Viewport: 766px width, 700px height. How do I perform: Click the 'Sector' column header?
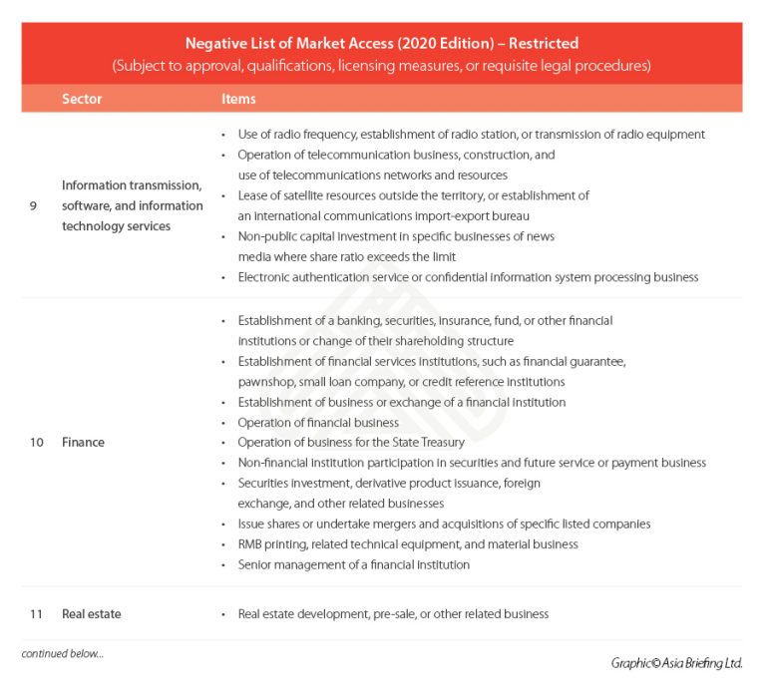[x=82, y=99]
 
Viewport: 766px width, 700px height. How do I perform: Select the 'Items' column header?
[x=238, y=99]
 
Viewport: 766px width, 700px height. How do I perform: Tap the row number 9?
[x=36, y=205]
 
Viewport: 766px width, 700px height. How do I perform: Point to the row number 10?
[x=36, y=442]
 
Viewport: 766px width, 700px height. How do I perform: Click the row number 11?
[x=36, y=614]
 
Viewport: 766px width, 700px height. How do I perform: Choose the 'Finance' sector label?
[x=83, y=442]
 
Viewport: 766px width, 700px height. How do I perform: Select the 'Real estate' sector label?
[x=92, y=614]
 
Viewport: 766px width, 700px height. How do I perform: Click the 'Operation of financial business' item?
[x=318, y=423]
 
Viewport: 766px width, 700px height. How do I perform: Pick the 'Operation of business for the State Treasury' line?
[x=352, y=443]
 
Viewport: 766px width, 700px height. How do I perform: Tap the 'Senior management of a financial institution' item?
[x=353, y=564]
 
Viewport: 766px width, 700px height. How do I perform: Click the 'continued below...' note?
[x=62, y=654]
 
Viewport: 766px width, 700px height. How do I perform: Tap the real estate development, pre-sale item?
[x=393, y=614]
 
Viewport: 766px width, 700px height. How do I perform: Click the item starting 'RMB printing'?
[x=407, y=544]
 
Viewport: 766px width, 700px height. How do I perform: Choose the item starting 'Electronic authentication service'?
[x=468, y=277]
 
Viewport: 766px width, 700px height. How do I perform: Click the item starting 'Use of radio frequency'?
[x=471, y=135]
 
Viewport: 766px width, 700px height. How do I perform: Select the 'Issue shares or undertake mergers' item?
[x=444, y=525]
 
